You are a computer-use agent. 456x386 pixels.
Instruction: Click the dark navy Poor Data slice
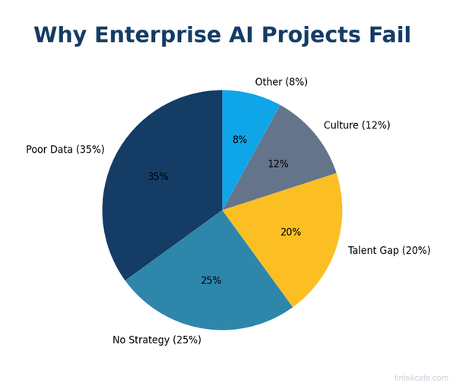(152, 205)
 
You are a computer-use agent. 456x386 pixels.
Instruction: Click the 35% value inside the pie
(158, 177)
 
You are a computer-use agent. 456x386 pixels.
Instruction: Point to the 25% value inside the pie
(211, 280)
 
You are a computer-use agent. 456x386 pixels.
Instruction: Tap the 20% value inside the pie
(290, 233)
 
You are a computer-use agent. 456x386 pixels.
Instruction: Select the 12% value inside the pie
(278, 164)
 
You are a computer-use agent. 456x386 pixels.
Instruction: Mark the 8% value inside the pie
(239, 140)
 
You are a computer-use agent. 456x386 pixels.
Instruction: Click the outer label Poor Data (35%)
(65, 150)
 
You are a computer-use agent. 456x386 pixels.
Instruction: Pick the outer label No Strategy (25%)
(157, 340)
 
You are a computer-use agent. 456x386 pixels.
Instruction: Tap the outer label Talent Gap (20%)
(389, 251)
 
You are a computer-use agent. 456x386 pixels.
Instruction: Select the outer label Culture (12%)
(356, 125)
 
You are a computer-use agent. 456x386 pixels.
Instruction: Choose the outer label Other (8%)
(281, 82)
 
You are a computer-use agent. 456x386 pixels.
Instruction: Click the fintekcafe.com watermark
(421, 378)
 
